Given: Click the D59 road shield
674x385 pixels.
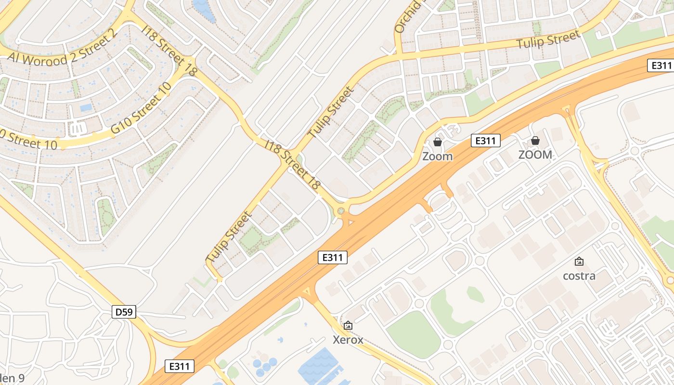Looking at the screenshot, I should point(124,312).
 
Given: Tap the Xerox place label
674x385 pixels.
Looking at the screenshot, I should point(348,340).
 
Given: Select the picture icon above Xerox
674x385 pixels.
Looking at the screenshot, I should point(348,326).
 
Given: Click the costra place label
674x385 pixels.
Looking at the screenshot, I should point(579,276).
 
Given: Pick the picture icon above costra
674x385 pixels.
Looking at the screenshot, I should point(579,262).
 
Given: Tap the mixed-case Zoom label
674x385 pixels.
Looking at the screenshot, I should point(438,156).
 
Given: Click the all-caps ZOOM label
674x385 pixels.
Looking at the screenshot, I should point(535,155).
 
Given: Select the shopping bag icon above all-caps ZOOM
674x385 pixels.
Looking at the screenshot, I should point(535,141).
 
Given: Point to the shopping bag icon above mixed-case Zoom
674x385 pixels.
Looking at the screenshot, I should point(438,142).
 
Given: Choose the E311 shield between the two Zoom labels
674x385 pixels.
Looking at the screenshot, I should point(485,141).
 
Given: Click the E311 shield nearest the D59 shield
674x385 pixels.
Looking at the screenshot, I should point(179,366).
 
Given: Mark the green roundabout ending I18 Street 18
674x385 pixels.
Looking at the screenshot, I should point(341,210).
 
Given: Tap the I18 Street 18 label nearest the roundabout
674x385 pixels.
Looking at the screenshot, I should point(293,164).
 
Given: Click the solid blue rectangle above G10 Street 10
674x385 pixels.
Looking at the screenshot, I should point(86,107).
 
